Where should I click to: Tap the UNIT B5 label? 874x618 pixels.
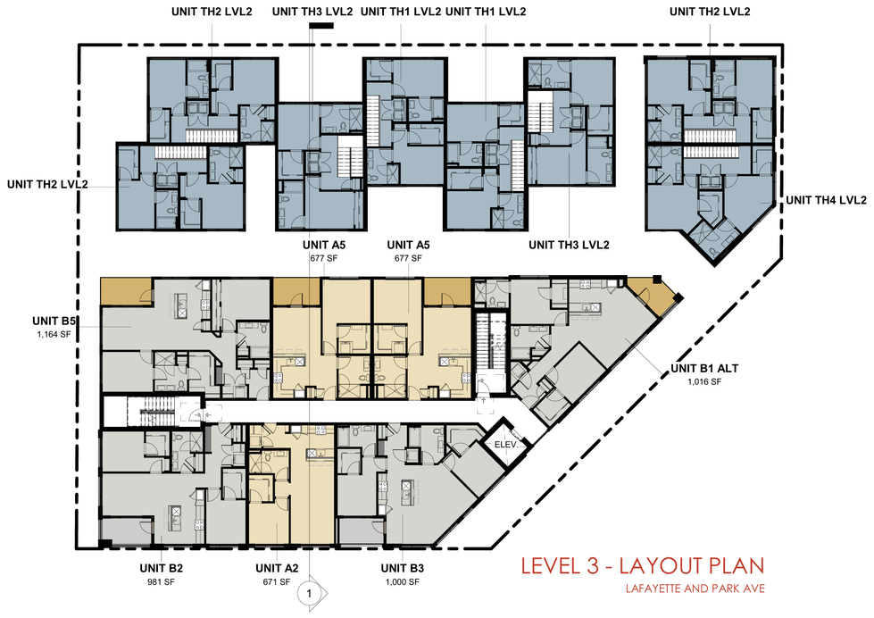coord(54,321)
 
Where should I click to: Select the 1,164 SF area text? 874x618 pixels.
coord(54,335)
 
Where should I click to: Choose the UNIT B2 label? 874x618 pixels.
coord(161,568)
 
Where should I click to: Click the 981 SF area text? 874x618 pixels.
coord(161,582)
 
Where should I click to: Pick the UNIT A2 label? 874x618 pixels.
coord(277,568)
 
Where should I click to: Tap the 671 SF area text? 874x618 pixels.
coord(277,582)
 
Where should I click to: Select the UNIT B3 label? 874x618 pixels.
coord(403,568)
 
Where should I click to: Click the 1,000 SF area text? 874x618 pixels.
coord(403,582)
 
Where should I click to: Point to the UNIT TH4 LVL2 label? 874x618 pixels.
coord(826,200)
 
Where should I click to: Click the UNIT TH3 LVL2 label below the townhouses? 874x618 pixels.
coord(569,245)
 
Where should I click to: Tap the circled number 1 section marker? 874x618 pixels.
coord(310,594)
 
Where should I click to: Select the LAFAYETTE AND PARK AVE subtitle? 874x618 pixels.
coord(695,589)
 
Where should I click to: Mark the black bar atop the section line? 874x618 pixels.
coord(321,26)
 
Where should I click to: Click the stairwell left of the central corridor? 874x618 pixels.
coord(151,411)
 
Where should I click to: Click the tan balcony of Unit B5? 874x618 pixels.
coord(127,292)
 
